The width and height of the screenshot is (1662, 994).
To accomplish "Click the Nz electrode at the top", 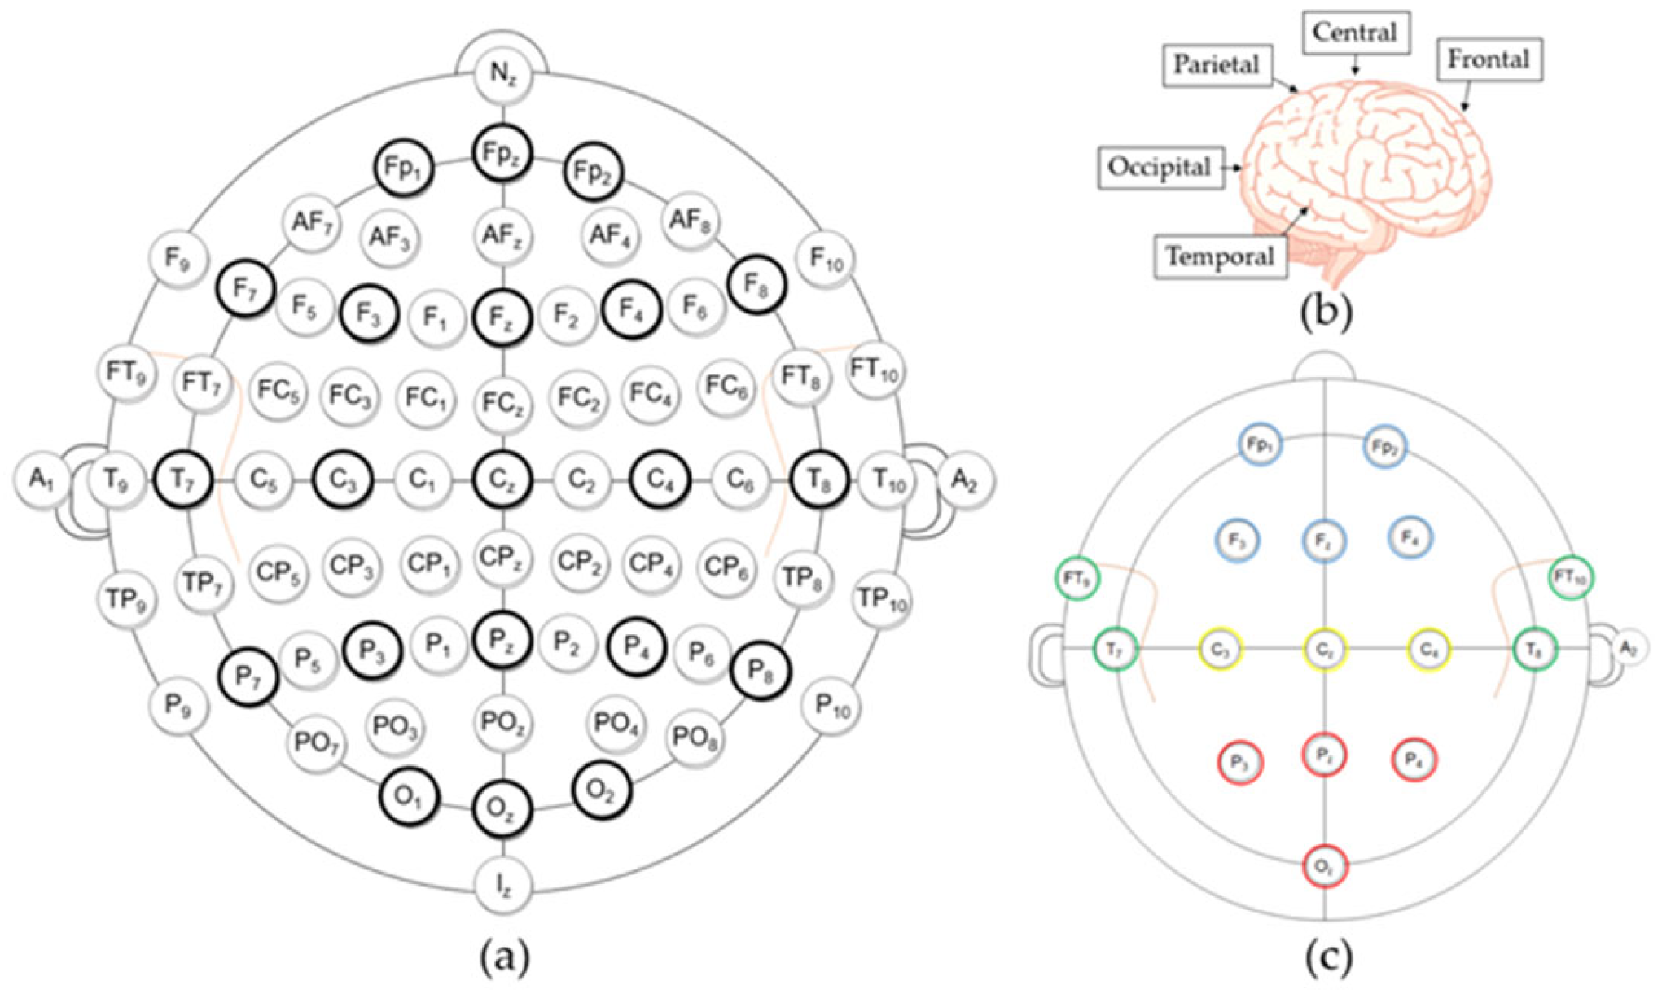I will point(502,74).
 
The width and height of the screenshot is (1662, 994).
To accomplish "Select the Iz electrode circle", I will point(503,886).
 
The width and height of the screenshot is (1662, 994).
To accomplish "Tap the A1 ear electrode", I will point(41,479).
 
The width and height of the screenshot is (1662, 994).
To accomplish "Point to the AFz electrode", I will point(502,236).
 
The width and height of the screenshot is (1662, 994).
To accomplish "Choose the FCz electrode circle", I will point(502,401).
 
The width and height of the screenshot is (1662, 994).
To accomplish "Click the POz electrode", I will point(502,722).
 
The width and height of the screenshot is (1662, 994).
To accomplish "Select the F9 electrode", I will point(178,259).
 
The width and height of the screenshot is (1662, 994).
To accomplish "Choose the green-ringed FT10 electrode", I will point(1571,577).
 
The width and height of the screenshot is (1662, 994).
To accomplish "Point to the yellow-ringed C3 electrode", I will point(1221,650).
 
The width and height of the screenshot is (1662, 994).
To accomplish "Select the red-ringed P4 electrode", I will point(1414,760).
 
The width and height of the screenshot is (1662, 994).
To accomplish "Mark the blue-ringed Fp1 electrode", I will point(1260,445).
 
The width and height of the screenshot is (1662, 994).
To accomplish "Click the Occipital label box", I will point(1160,168).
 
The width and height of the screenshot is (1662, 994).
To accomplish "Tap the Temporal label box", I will point(1220,257).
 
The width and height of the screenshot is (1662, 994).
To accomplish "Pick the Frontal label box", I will point(1489,59).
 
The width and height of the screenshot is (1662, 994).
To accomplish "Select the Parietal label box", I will point(1217,64).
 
